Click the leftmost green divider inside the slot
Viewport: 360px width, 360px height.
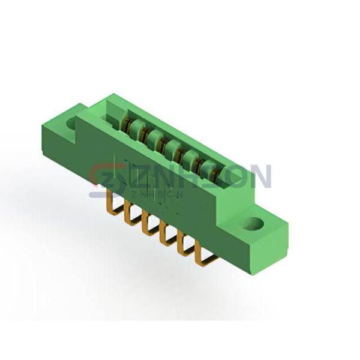[137, 127]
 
